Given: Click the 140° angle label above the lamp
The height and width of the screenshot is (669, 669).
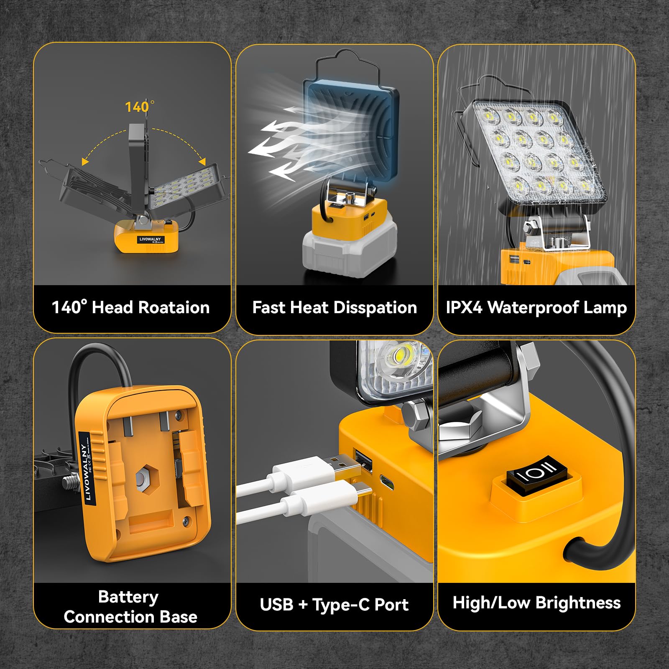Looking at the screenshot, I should (x=139, y=107).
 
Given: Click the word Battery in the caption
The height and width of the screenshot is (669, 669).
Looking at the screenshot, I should (x=128, y=597).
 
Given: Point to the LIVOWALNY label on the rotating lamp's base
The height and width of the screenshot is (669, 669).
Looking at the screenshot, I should (x=150, y=240).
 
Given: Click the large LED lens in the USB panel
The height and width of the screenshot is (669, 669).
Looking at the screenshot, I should (x=397, y=357).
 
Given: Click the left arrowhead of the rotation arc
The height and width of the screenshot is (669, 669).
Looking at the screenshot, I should (x=85, y=161).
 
